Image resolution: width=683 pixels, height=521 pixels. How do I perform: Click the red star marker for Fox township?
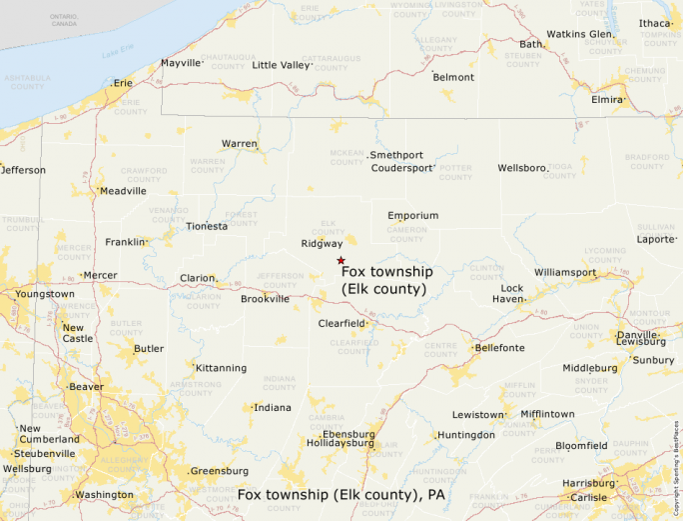(341, 260)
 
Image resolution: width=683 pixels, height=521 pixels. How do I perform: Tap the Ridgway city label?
(322, 243)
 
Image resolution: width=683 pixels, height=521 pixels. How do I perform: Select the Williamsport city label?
(565, 272)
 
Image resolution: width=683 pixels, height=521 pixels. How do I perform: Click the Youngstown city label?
(45, 294)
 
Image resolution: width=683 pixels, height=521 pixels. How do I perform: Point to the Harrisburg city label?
(589, 483)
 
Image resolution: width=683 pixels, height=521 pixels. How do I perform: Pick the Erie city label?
(123, 83)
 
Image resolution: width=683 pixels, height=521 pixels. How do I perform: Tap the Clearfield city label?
(342, 324)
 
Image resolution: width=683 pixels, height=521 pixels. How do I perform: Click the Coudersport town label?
(402, 168)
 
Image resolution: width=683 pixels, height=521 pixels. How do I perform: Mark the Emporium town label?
(413, 215)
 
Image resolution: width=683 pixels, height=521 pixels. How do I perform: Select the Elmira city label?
(607, 100)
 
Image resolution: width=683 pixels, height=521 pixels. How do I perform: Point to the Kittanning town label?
(221, 368)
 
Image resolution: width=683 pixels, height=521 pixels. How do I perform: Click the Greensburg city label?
(219, 470)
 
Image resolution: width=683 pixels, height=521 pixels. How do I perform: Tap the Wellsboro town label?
(522, 168)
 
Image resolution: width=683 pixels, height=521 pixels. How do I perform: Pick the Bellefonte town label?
(499, 348)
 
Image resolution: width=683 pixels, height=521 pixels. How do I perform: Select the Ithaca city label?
(656, 23)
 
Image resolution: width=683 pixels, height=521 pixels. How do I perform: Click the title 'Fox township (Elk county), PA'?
(341, 495)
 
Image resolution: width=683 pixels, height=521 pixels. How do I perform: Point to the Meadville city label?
(123, 191)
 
